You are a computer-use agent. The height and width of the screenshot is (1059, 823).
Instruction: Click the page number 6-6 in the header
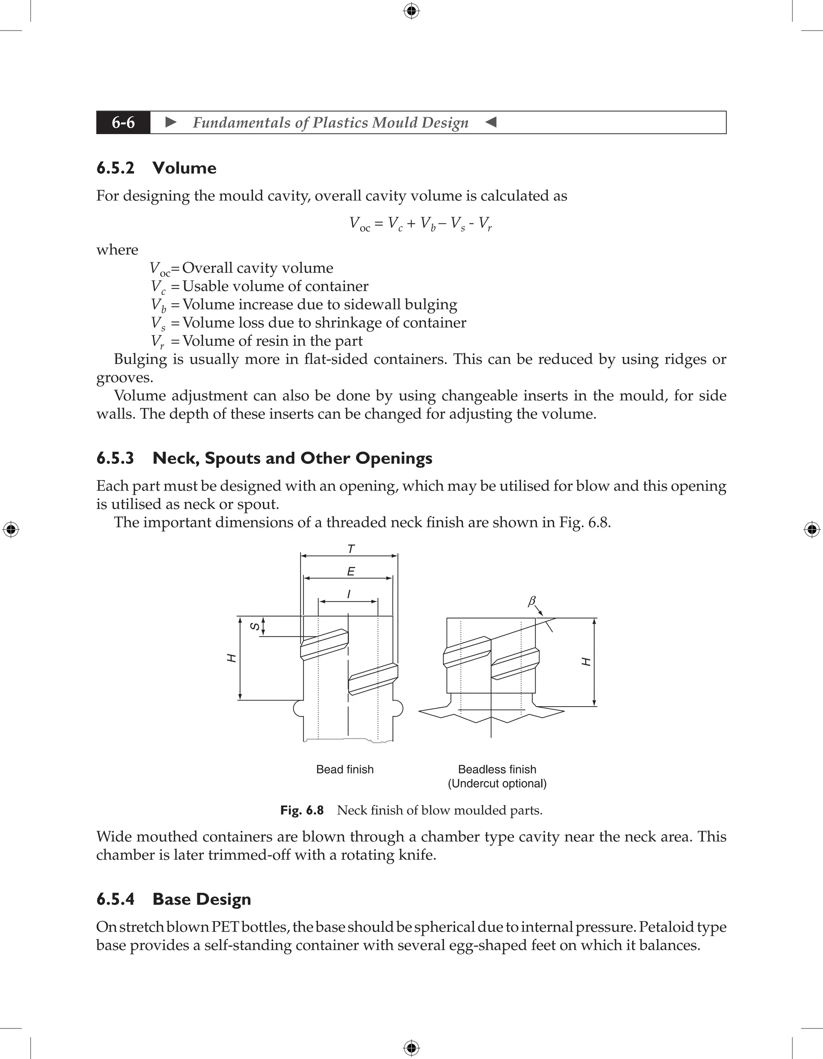(x=123, y=122)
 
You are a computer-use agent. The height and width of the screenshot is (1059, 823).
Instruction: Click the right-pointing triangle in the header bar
(x=171, y=122)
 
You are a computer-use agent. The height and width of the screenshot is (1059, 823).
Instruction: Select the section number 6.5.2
(x=115, y=168)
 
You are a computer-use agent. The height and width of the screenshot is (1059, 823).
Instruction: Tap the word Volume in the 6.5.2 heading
(x=184, y=168)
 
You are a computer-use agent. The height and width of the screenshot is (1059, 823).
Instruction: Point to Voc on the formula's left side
(x=359, y=224)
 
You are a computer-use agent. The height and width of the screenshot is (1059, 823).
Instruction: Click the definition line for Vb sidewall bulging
(x=303, y=305)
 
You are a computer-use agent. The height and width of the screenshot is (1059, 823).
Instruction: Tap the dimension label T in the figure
(x=351, y=549)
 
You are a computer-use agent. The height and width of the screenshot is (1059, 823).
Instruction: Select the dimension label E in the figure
(x=351, y=572)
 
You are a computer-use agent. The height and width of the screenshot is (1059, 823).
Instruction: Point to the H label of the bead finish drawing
(x=232, y=658)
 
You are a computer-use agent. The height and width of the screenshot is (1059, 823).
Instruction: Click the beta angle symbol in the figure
(x=532, y=601)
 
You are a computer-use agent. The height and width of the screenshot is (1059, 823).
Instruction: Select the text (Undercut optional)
(x=497, y=784)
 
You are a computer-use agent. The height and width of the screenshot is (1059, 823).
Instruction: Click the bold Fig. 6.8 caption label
(x=302, y=810)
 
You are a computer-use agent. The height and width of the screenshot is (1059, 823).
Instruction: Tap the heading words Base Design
(x=202, y=900)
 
